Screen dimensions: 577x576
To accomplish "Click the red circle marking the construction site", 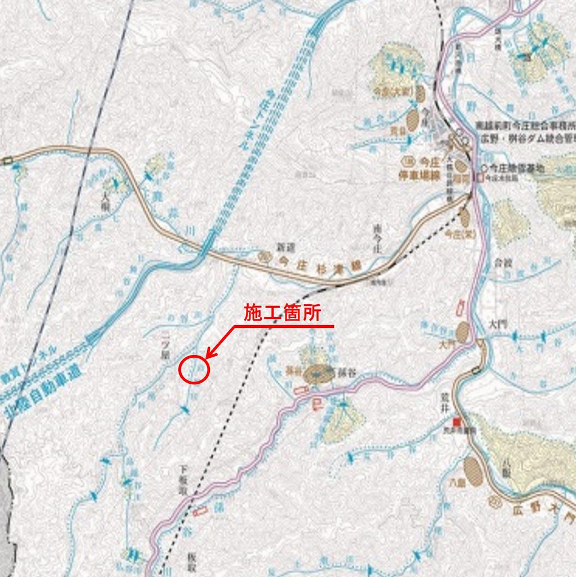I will [x=194, y=370].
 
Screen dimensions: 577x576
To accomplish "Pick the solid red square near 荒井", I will [x=458, y=421].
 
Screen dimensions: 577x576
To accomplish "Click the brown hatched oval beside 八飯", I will [x=472, y=471].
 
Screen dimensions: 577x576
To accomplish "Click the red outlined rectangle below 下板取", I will [x=199, y=512].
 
